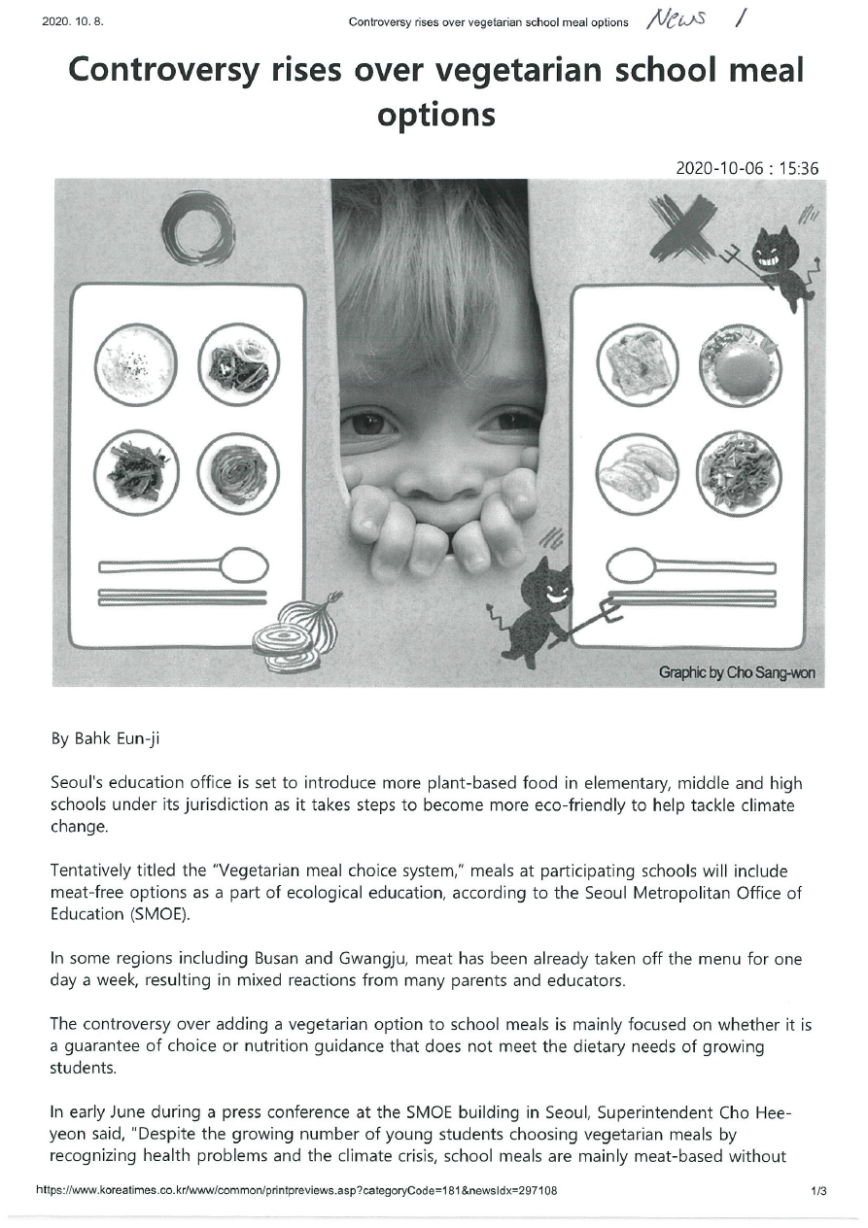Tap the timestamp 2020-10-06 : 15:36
tap(747, 168)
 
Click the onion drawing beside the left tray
tap(299, 631)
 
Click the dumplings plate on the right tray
tap(637, 472)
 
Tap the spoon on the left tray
tap(185, 564)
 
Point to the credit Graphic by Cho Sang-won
tap(736, 672)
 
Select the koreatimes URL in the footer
tap(296, 1190)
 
